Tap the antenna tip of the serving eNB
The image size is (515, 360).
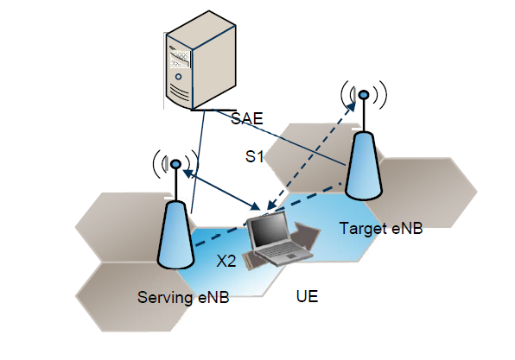click(175, 162)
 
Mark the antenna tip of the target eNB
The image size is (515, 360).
click(365, 93)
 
